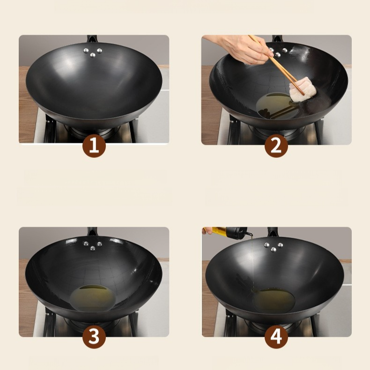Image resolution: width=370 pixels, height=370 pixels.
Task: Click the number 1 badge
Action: click(x=94, y=146)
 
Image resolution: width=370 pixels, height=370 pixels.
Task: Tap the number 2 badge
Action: click(x=276, y=146)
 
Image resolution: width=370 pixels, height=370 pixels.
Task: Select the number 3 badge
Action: click(x=94, y=337)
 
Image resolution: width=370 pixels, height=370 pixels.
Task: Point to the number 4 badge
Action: click(x=276, y=337)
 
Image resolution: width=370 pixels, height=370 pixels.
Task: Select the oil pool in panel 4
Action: click(x=274, y=300)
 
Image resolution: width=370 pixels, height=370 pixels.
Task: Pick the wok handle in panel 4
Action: click(x=273, y=232)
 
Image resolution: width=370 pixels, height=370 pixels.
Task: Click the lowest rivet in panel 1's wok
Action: click(x=93, y=55)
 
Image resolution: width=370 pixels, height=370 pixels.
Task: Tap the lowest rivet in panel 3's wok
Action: click(x=93, y=249)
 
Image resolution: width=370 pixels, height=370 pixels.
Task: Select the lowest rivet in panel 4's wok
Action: click(x=274, y=250)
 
